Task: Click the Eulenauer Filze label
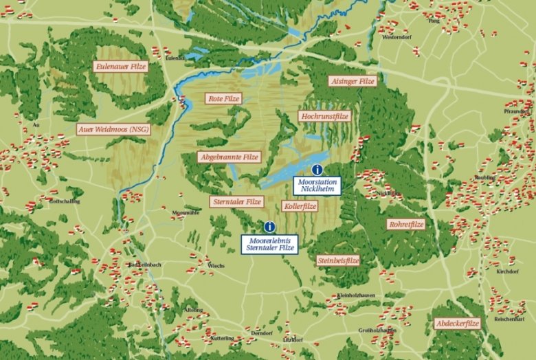tap(121, 67)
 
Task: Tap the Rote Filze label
tap(224, 99)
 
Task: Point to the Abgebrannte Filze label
tap(229, 157)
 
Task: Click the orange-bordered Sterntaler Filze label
tap(236, 202)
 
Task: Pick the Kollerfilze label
tap(300, 206)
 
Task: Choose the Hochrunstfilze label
tap(326, 117)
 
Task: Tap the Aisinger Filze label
tap(353, 81)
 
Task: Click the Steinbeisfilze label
tap(339, 261)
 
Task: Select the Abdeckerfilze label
tap(457, 323)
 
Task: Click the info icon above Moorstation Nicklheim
tap(317, 169)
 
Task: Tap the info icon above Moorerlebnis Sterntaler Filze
tap(269, 226)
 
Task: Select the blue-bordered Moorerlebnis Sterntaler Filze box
tap(269, 243)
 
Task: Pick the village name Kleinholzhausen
tap(356, 295)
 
